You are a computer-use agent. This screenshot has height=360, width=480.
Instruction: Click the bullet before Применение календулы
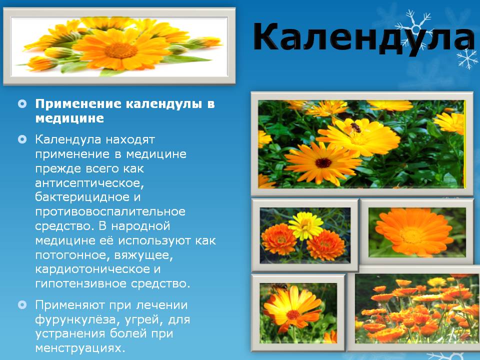tap(21, 104)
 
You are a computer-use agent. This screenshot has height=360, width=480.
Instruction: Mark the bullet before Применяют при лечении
tap(21, 304)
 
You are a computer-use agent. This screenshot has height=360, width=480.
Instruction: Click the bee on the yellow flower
tap(355, 127)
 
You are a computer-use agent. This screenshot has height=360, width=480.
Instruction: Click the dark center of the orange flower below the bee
tap(323, 163)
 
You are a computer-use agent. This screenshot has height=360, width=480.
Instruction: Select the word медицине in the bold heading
tap(69, 118)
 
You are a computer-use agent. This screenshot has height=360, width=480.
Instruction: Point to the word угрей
tap(149, 319)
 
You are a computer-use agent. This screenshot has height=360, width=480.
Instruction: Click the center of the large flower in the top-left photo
tap(120, 50)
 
